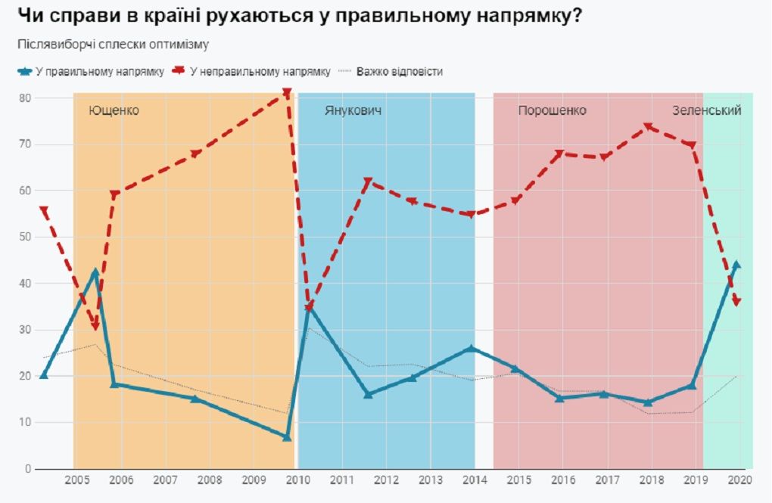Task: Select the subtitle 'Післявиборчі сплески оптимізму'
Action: (113, 44)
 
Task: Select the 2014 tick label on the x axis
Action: (475, 480)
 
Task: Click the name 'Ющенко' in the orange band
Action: (114, 110)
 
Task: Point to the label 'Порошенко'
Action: (552, 110)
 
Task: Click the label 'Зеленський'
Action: (706, 110)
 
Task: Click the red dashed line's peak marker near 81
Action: (287, 93)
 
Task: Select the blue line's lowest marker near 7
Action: (287, 436)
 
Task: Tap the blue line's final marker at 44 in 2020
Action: (736, 265)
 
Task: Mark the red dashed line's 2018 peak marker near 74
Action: (648, 127)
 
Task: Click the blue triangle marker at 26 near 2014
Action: (471, 348)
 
